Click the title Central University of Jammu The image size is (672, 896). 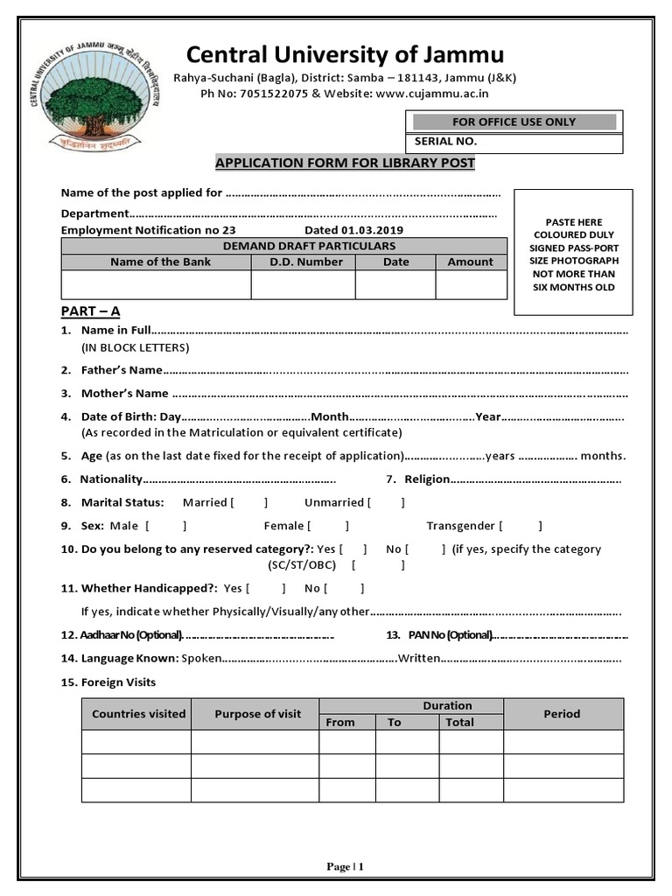(x=346, y=56)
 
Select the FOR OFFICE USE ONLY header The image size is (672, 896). (x=514, y=122)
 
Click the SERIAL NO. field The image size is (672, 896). (x=514, y=142)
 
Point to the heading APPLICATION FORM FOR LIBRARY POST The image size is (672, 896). (x=346, y=164)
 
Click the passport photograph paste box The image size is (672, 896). (x=573, y=254)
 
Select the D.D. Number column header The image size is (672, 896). (x=304, y=262)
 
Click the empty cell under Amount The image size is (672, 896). (x=471, y=285)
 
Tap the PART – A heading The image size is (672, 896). (x=90, y=311)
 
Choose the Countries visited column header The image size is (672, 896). (x=138, y=714)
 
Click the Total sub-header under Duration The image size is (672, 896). (x=459, y=722)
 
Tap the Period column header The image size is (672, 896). (x=562, y=714)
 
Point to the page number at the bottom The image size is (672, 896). (x=346, y=867)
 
